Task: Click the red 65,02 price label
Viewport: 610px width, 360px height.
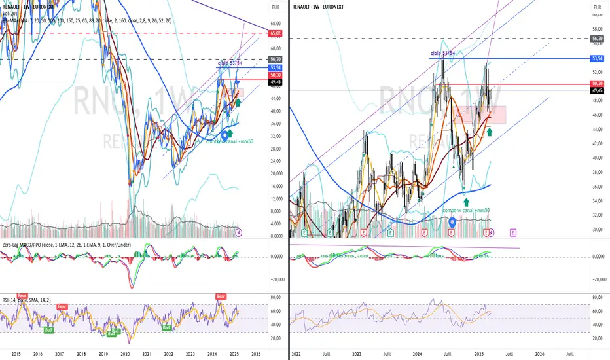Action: click(275, 32)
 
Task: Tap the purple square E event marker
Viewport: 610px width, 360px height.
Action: click(513, 232)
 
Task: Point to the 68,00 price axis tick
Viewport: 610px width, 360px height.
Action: click(275, 24)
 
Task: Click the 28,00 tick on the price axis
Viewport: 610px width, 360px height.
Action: click(275, 148)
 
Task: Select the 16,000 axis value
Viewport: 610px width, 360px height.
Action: click(275, 186)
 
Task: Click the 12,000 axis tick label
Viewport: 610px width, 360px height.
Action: click(275, 198)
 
